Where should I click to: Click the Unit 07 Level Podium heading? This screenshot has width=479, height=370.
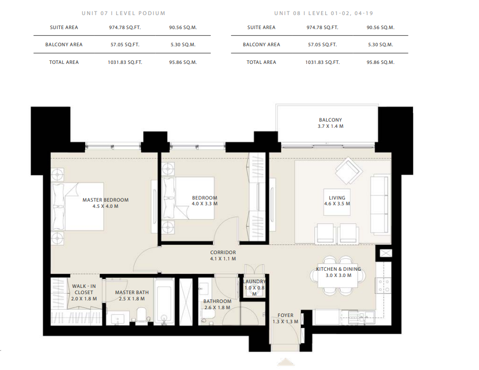click(x=124, y=14)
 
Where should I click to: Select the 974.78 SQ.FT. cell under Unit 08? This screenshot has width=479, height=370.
click(x=322, y=28)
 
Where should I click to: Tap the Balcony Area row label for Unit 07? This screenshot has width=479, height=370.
click(x=64, y=45)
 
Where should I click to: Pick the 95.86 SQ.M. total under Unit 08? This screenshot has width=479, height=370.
click(x=380, y=62)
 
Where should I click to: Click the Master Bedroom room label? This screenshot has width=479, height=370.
click(x=105, y=200)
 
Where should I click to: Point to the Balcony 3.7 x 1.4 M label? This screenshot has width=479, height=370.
click(x=330, y=123)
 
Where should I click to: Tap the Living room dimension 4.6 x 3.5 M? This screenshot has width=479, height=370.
click(x=337, y=204)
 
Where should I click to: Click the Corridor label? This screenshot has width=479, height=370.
click(x=223, y=253)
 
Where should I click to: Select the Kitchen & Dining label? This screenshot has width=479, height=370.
click(x=339, y=269)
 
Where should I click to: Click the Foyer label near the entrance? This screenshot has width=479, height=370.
click(x=285, y=315)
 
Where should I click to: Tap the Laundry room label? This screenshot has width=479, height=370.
click(x=254, y=281)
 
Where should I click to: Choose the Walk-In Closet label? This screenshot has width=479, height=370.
click(x=84, y=289)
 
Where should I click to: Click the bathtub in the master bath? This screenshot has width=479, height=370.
click(x=164, y=301)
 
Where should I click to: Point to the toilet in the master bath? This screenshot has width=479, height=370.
click(x=142, y=315)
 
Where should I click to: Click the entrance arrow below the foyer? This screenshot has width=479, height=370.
click(x=286, y=362)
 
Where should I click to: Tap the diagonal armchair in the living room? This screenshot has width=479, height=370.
click(x=349, y=170)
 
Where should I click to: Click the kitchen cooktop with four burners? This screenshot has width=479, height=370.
click(x=383, y=285)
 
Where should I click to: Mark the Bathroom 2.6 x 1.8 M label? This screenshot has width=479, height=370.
click(x=217, y=305)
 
